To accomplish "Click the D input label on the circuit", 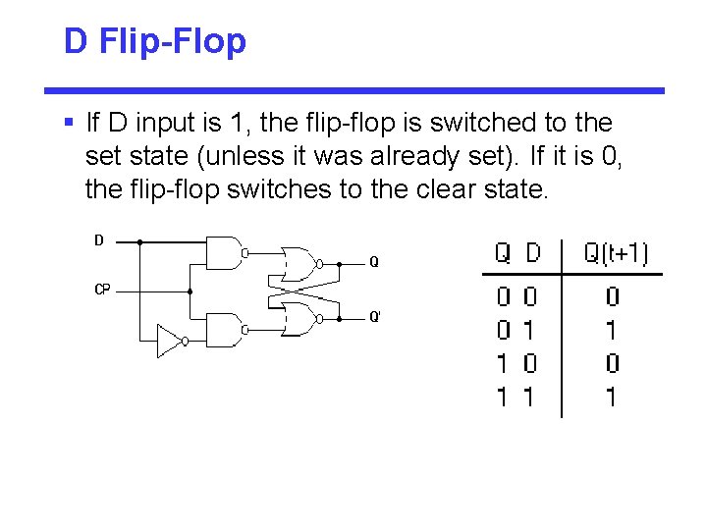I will coord(98,239).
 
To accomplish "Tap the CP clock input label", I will coord(102,290).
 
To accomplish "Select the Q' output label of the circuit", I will coord(375,317).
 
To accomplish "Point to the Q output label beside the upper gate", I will coord(373,262).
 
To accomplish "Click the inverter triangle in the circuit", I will coord(171,343).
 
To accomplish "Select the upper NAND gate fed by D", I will coord(225,252).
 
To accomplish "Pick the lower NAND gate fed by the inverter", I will coord(225,330).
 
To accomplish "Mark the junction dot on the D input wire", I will coord(139,240).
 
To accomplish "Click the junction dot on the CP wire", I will coord(190,291).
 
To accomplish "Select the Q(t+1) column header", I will coord(616,253).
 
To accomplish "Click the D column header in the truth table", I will coord(532,253).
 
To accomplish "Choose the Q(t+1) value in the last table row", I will coord(612,397).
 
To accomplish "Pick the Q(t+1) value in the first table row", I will coord(612,296).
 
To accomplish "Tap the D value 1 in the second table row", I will coord(530,330).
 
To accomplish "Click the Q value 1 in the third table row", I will coord(502,364).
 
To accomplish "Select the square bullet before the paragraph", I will coord(68,124).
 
